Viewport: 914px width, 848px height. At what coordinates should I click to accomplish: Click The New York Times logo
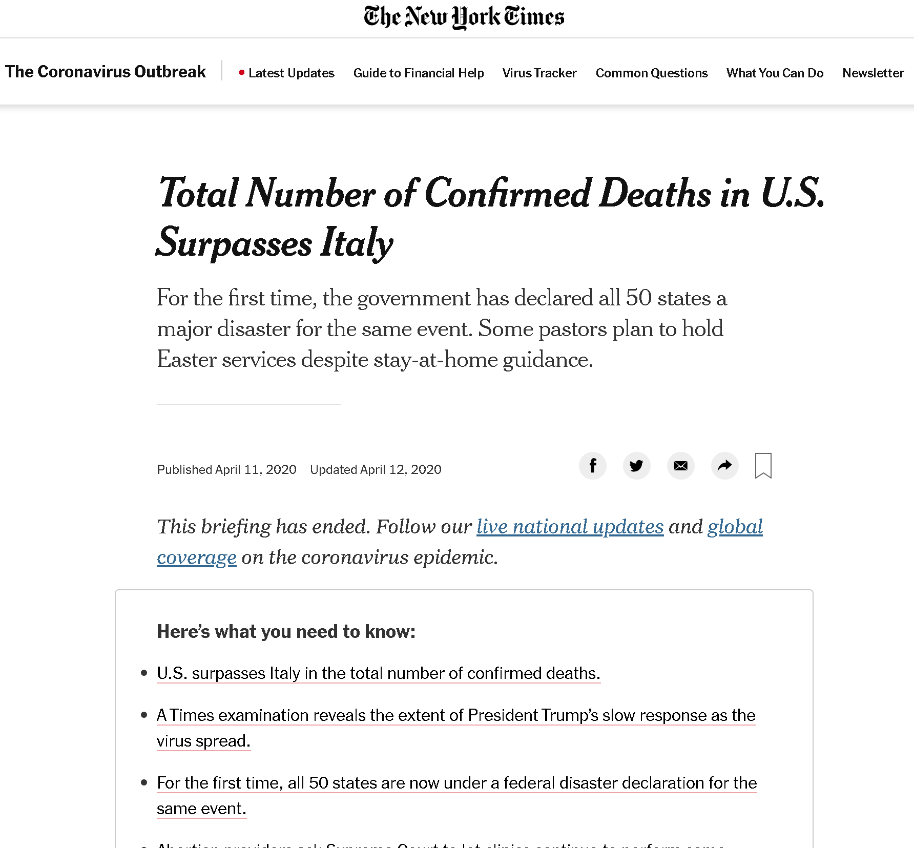pos(464,17)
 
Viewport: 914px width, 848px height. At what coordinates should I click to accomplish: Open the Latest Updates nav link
pos(291,73)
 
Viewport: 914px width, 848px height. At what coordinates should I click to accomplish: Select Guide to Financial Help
pos(419,73)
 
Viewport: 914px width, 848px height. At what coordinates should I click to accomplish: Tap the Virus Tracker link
pos(539,73)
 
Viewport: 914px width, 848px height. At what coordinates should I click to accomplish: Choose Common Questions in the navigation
pos(652,73)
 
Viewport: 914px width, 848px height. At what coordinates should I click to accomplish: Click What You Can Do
pos(775,73)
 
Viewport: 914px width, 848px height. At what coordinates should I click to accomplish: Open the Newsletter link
pos(873,73)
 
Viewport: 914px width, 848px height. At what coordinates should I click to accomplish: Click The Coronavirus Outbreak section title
pos(106,72)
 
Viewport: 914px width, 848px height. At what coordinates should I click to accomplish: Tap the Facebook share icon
pos(593,466)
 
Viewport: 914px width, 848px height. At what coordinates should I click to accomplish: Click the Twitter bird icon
pos(637,466)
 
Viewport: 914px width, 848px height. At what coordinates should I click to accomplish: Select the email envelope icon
pos(681,466)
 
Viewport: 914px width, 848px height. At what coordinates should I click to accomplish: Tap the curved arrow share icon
pos(725,466)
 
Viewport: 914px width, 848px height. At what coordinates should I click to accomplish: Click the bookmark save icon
pos(763,466)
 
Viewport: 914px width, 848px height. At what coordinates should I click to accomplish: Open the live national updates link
pos(570,527)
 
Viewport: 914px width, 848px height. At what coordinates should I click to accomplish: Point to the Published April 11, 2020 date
pos(226,470)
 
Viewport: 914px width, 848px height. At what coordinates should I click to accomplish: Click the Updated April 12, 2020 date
pos(376,470)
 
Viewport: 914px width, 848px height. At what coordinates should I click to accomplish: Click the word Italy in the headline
pos(357,243)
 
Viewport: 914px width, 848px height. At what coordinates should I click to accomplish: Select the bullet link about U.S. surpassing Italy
pos(378,673)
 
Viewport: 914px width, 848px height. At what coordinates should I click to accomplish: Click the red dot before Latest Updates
pos(242,73)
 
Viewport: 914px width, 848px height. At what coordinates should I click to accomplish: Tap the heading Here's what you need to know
pos(286,632)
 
